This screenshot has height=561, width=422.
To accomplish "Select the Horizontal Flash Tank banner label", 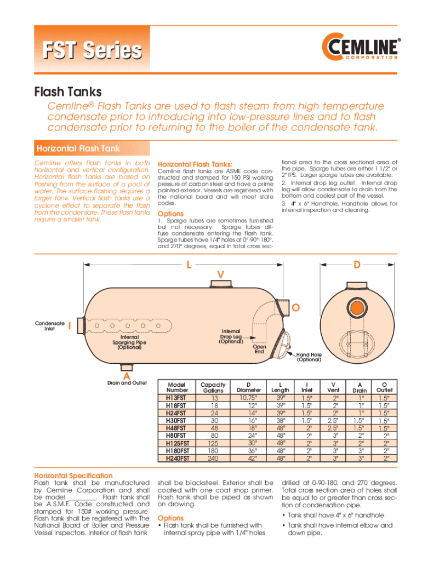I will (78, 148).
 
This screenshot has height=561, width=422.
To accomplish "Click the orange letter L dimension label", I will (188, 265).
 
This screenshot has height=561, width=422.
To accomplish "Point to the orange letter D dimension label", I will (357, 265).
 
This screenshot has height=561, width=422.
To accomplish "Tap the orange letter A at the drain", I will (126, 375).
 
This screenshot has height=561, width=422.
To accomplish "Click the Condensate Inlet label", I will (51, 326).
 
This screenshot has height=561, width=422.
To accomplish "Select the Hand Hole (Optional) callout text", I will (309, 357).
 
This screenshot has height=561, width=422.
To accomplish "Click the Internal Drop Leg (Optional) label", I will (231, 336).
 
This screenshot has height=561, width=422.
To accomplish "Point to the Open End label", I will (259, 349).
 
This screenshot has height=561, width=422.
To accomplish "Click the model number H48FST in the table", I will (176, 427).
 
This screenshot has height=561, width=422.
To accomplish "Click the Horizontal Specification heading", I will (73, 476).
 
